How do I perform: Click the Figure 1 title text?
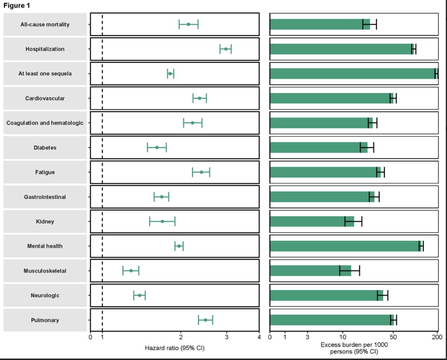pos(17,6)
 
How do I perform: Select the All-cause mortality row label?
pos(45,25)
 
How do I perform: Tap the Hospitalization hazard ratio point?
pos(226,49)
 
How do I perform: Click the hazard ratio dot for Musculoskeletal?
pos(131,271)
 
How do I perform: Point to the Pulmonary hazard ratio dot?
pos(205,320)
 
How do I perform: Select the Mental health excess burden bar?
pos(345,246)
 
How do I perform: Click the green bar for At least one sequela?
pos(352,73)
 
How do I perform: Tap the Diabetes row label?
pos(45,148)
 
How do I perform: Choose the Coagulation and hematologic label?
pos(45,123)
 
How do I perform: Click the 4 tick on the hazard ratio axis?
pos(259,338)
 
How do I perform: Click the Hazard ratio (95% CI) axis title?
pos(175,348)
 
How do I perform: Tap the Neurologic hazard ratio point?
pos(140,295)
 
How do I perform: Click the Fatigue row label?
pos(45,172)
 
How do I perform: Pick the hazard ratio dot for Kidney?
pos(162,221)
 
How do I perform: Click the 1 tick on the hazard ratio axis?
pos(102,338)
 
